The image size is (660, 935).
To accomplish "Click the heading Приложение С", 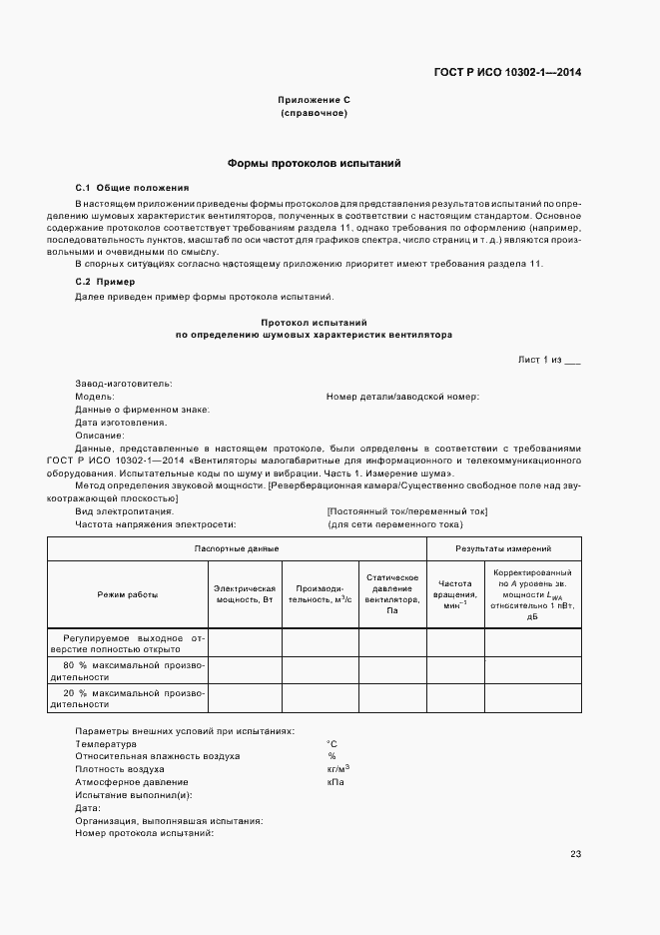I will click(x=314, y=100).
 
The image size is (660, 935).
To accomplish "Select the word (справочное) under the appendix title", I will click(x=314, y=113).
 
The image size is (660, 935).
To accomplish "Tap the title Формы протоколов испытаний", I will click(x=314, y=163).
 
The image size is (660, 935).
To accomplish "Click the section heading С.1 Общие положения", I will click(x=132, y=188).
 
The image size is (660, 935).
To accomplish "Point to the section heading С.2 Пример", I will click(x=105, y=282).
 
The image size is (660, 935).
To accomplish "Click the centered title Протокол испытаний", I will click(x=314, y=323).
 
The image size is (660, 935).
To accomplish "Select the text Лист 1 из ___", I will click(x=548, y=360).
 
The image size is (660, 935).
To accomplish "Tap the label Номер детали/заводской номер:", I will click(x=402, y=397).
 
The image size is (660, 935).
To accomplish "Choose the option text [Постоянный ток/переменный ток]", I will click(x=406, y=510).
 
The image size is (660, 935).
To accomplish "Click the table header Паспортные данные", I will click(x=237, y=548).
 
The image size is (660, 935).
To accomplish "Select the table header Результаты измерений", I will click(x=503, y=548).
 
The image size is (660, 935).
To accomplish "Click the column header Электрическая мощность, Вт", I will click(x=245, y=594).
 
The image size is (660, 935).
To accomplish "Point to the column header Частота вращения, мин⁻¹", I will click(x=455, y=594).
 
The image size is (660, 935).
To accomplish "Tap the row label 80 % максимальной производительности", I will click(x=127, y=670).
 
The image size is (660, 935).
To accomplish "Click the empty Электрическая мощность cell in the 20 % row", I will click(x=245, y=697).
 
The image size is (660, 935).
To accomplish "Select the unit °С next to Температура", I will click(x=331, y=744).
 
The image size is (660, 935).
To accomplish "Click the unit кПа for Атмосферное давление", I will click(x=334, y=782).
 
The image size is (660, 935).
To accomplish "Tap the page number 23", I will click(x=575, y=853).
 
